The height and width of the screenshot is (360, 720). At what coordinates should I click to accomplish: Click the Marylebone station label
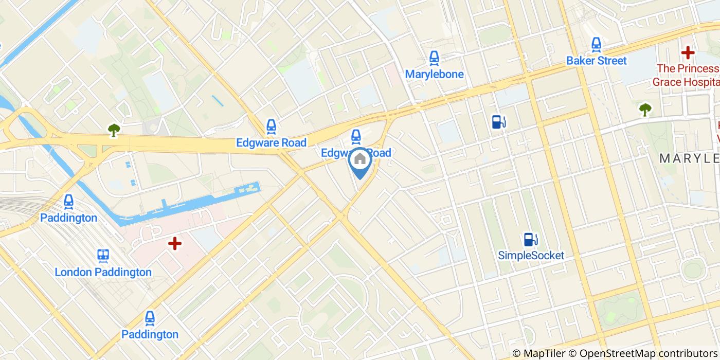coord(434,74)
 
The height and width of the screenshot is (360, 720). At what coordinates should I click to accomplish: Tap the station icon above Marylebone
coord(434,58)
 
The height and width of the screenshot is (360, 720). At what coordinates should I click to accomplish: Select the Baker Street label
coord(596,61)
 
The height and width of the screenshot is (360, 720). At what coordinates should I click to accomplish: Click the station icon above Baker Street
coord(596,45)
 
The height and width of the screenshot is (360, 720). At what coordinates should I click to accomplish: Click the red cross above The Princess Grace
coord(688,52)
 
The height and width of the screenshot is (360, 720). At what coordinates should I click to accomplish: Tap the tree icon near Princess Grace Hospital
coord(645,109)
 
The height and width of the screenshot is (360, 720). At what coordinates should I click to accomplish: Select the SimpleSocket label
coord(531,255)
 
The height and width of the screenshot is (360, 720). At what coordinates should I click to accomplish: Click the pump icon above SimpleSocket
coord(530,240)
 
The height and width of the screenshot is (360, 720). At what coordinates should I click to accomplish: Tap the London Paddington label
coord(103,272)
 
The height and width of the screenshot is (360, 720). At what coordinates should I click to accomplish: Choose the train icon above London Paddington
coord(103,256)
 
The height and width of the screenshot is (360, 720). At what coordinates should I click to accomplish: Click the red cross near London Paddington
coord(175,243)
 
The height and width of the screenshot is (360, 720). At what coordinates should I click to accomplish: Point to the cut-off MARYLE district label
coord(689,159)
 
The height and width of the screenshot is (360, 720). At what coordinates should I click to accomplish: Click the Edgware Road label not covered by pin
coord(271,142)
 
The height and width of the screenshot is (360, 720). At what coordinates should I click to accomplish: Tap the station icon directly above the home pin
coord(355,137)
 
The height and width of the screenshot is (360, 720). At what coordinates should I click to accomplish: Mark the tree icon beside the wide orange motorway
coord(114,131)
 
